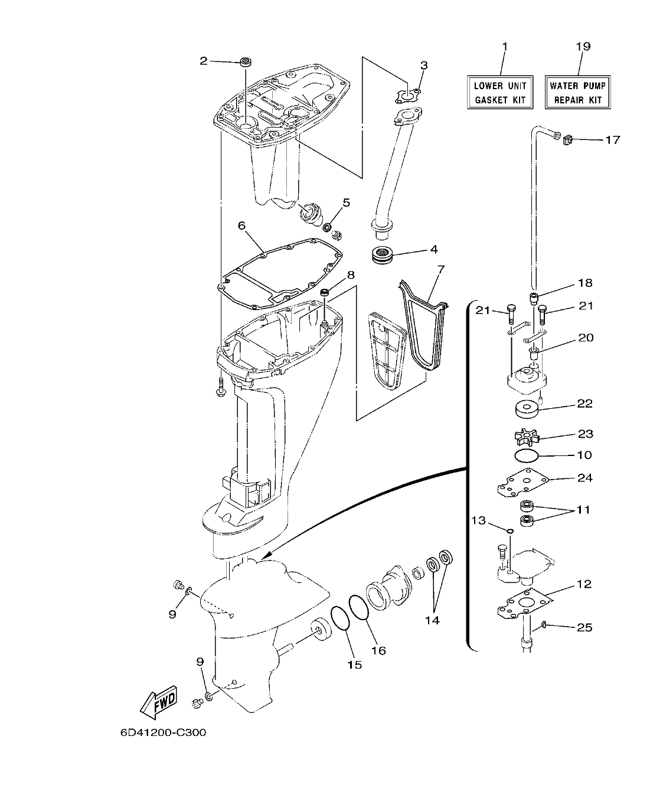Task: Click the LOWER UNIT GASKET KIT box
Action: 500,93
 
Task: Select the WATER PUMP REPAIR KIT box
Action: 576,93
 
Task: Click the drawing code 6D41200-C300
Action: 163,733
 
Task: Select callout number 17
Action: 612,140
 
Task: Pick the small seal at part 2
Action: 244,61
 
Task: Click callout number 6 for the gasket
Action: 241,226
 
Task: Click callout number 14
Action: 433,620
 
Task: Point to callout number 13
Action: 478,520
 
